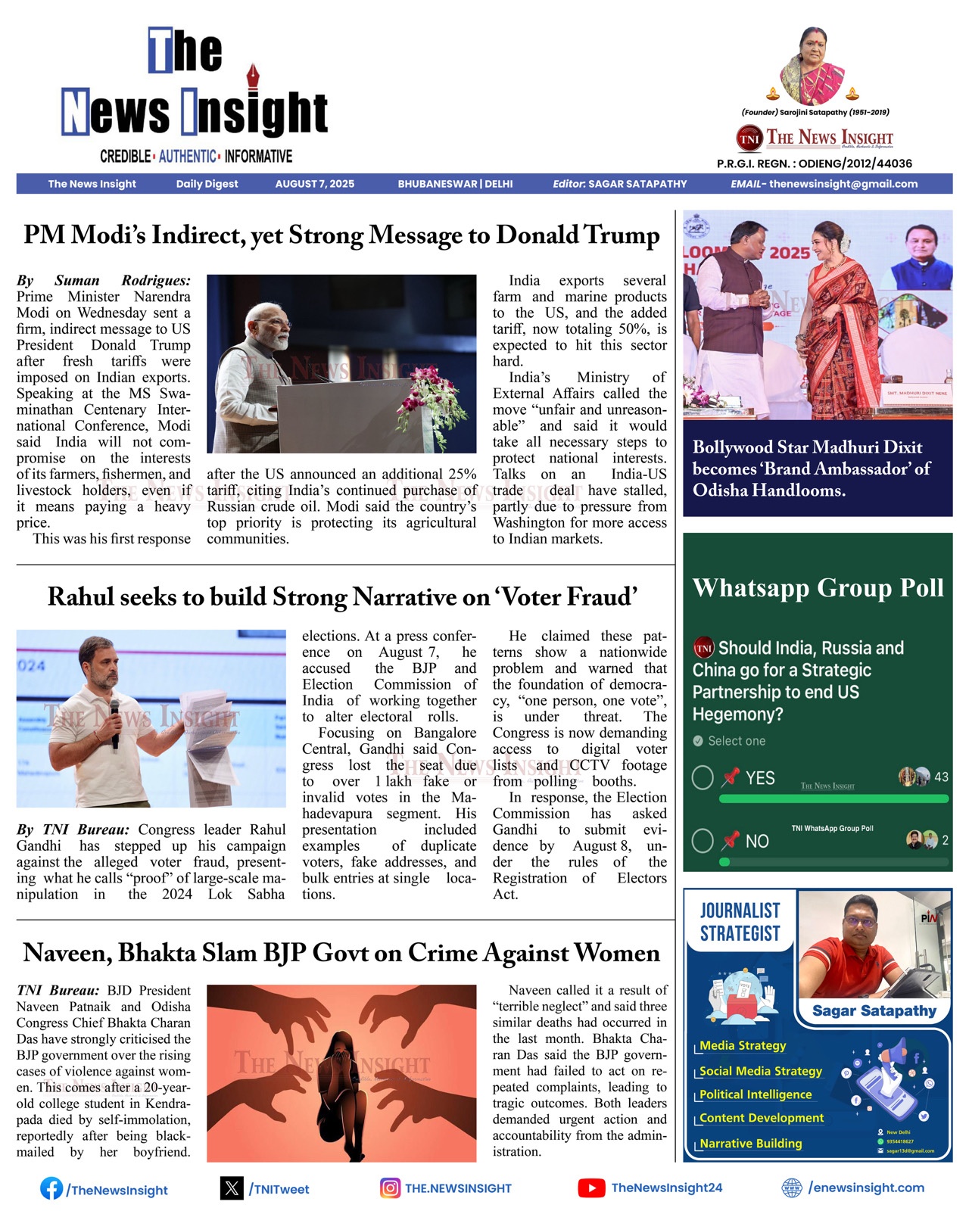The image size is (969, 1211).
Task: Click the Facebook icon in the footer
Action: click(51, 1188)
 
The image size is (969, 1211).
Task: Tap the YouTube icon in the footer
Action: click(591, 1188)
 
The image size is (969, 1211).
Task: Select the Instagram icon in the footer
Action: click(390, 1188)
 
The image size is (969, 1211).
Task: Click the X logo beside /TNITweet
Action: click(232, 1188)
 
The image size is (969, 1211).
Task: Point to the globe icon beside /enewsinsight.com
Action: click(791, 1188)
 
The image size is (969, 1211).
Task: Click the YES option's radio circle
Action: click(703, 777)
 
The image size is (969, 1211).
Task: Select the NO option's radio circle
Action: click(703, 840)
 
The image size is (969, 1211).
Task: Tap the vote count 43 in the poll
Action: click(941, 777)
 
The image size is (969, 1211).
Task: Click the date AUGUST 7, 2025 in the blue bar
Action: click(314, 184)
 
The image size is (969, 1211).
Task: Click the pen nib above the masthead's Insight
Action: click(253, 76)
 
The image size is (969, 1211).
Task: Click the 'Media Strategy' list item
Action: click(743, 1045)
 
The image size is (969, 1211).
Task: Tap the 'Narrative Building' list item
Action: click(750, 1143)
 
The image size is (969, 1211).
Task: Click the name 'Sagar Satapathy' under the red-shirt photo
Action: click(874, 1010)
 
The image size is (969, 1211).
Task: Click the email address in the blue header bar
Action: click(843, 184)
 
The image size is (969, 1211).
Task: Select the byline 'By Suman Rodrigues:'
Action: click(104, 281)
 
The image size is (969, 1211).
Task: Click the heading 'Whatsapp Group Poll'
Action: click(818, 588)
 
